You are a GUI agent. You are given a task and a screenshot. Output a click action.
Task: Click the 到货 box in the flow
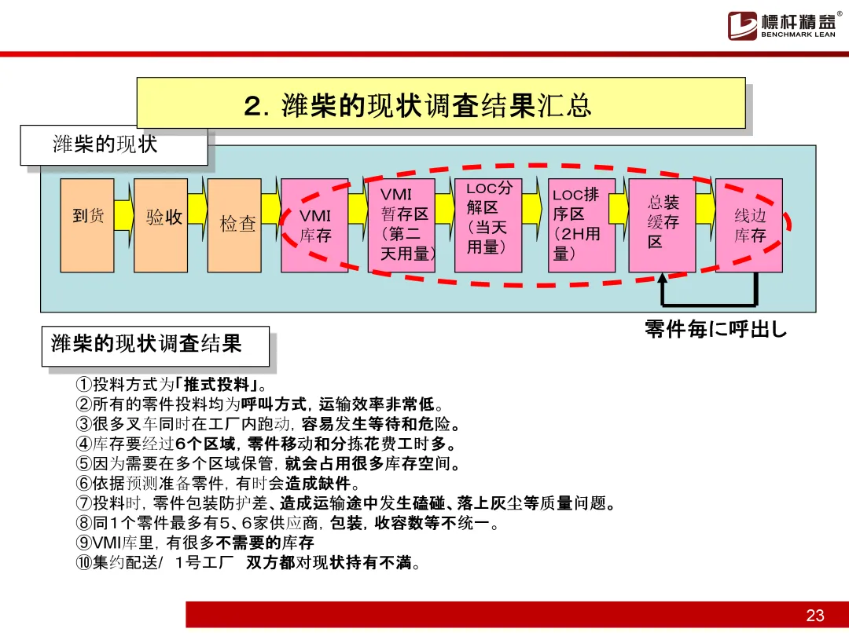[87, 225]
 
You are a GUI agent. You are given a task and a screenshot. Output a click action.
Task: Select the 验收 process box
[160, 225]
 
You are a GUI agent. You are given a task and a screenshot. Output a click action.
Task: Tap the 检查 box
[234, 225]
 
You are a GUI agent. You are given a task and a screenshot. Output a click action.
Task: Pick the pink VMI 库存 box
[314, 225]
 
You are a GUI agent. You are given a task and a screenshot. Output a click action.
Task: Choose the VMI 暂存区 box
[401, 225]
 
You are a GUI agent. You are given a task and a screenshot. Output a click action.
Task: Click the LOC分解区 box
[487, 225]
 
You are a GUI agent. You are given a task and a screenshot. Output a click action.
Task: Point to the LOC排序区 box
[581, 225]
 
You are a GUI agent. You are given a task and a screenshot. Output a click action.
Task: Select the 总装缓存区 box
[662, 225]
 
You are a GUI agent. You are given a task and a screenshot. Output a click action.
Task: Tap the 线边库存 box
[748, 225]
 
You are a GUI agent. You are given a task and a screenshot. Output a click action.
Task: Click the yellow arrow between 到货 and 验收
[123, 214]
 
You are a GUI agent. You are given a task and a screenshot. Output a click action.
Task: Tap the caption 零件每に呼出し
[715, 329]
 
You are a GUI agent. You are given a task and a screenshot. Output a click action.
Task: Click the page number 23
[814, 615]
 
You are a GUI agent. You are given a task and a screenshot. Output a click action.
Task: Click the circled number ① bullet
[84, 385]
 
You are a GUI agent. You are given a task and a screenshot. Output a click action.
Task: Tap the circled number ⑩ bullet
[84, 562]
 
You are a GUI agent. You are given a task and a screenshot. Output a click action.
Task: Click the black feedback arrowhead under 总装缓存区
[662, 279]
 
